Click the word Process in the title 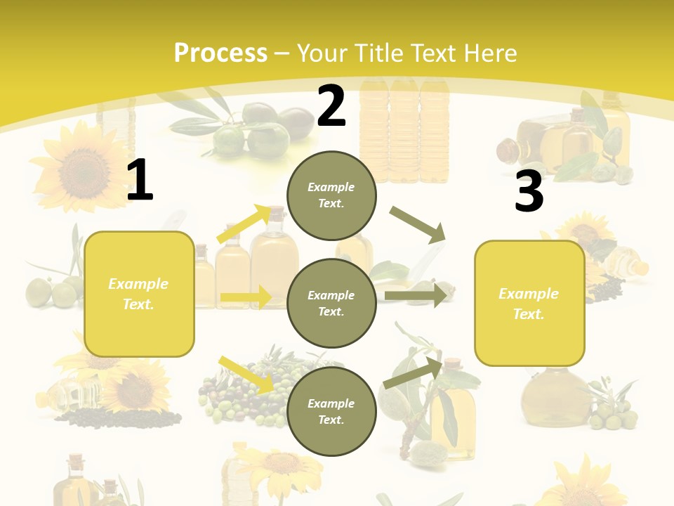coord(220,53)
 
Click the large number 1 coord(140,181)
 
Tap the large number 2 coord(331,106)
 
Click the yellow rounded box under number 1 coord(139,294)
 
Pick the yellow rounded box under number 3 coord(529,303)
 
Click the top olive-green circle coord(331,195)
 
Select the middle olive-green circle coord(331,303)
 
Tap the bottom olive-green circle coord(331,411)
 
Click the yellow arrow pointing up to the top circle coord(243,224)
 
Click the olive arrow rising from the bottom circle coord(413,373)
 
